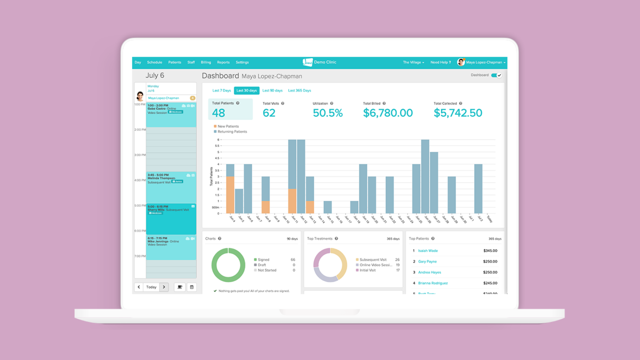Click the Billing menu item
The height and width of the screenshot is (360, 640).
(x=206, y=62)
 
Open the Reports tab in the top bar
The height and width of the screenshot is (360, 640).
(x=223, y=62)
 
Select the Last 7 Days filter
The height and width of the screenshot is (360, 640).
(x=221, y=90)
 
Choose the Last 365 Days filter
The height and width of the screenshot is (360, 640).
(x=299, y=90)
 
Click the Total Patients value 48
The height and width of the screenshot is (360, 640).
(x=219, y=113)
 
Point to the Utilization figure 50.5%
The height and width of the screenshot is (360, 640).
(x=327, y=113)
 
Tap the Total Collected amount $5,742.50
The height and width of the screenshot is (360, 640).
(x=458, y=113)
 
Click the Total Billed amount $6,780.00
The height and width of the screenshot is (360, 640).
(x=388, y=113)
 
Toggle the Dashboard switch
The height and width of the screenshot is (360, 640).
(x=496, y=75)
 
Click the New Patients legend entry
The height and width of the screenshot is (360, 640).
(x=228, y=126)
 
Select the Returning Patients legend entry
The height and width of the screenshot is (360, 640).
(x=232, y=132)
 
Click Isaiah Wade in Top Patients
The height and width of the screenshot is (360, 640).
(x=428, y=251)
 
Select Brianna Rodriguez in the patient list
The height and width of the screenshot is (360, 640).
(x=433, y=283)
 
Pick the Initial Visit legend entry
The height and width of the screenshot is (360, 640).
(x=367, y=270)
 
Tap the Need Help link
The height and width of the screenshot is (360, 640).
(x=440, y=62)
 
